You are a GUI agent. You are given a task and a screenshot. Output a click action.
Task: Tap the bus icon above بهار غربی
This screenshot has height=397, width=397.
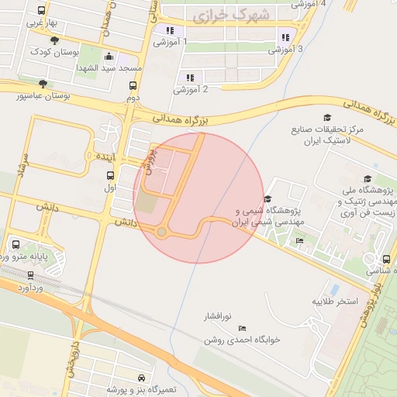click(x=41, y=11)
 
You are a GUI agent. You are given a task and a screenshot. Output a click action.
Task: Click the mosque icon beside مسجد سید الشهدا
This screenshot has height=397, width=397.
click(x=109, y=57)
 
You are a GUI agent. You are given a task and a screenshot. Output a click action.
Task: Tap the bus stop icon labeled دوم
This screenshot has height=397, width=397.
click(x=133, y=86)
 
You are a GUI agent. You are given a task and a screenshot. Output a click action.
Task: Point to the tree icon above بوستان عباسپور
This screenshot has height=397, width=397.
click(x=43, y=84)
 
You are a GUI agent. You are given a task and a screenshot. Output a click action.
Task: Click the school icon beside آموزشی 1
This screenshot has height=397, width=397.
click(x=169, y=31)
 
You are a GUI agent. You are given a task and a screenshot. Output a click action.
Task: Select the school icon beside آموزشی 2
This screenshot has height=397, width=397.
click(x=190, y=78)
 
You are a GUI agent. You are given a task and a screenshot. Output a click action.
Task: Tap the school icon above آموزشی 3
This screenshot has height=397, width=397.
click(x=285, y=36)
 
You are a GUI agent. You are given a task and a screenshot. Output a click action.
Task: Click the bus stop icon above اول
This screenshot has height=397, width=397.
click(x=110, y=175)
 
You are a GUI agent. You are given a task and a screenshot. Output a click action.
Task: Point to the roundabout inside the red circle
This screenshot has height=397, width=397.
click(x=161, y=232)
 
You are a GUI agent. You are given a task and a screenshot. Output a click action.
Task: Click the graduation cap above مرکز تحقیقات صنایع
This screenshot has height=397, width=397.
click(x=327, y=117)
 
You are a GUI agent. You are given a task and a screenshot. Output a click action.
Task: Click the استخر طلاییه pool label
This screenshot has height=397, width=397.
click(x=335, y=300)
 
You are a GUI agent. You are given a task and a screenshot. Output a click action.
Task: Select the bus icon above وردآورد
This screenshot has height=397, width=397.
click(x=30, y=275)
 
